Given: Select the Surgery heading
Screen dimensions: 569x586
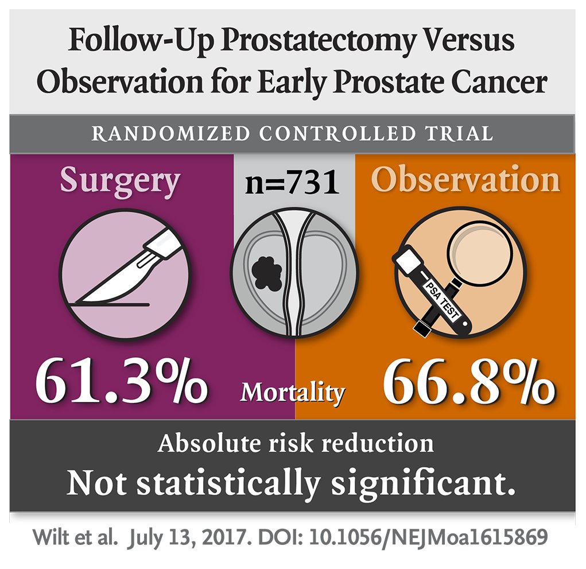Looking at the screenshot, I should (x=120, y=181).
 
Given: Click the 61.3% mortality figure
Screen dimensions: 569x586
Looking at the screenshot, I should (x=121, y=381).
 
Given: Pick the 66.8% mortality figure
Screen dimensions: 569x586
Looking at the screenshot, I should (x=468, y=381).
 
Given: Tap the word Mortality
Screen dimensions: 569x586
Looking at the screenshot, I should (x=293, y=393).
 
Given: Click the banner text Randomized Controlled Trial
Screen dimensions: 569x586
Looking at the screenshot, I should (x=292, y=133).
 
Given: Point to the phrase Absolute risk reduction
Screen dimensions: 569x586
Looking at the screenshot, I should (x=296, y=444).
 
